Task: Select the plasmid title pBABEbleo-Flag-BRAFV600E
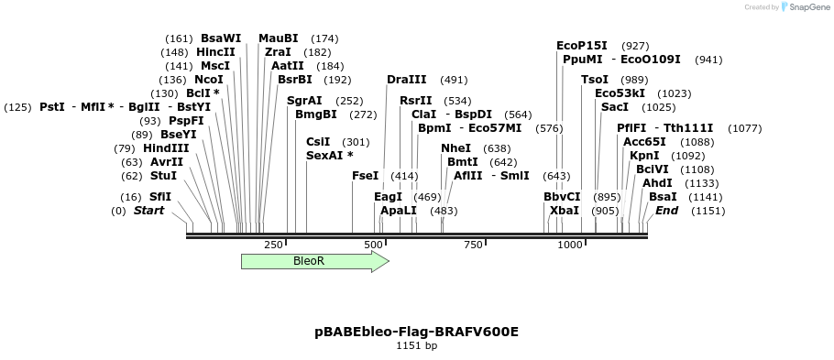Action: point(416,332)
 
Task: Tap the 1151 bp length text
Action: point(416,346)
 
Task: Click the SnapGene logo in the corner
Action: point(803,7)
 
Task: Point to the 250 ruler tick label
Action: point(273,245)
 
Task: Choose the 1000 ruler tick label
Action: point(570,245)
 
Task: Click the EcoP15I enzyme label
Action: point(582,45)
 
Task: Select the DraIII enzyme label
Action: point(406,80)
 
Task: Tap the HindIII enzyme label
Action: point(166,148)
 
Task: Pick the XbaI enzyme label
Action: point(565,211)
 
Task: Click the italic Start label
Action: point(148,211)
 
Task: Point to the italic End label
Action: point(666,211)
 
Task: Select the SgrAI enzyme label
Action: point(304,101)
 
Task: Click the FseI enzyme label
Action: point(365,175)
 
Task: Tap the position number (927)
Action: point(635,45)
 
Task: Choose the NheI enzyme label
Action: point(455,148)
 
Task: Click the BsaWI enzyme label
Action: point(221,38)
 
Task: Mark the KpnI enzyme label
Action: point(644,156)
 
